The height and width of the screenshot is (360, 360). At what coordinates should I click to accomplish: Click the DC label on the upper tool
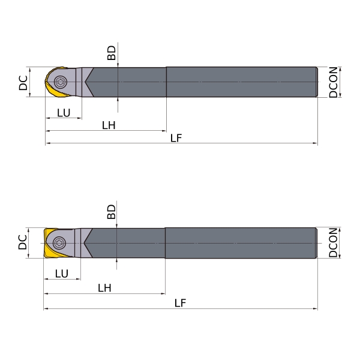(x=23, y=83)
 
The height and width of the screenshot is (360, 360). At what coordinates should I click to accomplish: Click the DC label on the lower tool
(x=23, y=242)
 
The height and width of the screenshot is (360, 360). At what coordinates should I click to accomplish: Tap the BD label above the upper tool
(x=112, y=53)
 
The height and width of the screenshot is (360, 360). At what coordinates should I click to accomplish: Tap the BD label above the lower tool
(x=112, y=212)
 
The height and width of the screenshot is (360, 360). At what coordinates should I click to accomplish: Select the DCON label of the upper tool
(x=333, y=82)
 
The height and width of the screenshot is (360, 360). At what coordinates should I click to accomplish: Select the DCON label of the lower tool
(x=333, y=242)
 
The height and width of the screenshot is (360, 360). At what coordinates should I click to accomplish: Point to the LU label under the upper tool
(x=64, y=113)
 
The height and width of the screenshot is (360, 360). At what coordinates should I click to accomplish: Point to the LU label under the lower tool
(x=62, y=274)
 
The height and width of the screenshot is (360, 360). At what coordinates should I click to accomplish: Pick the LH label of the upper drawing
(x=109, y=125)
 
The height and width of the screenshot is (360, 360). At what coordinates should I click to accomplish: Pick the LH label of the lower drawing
(x=104, y=288)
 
